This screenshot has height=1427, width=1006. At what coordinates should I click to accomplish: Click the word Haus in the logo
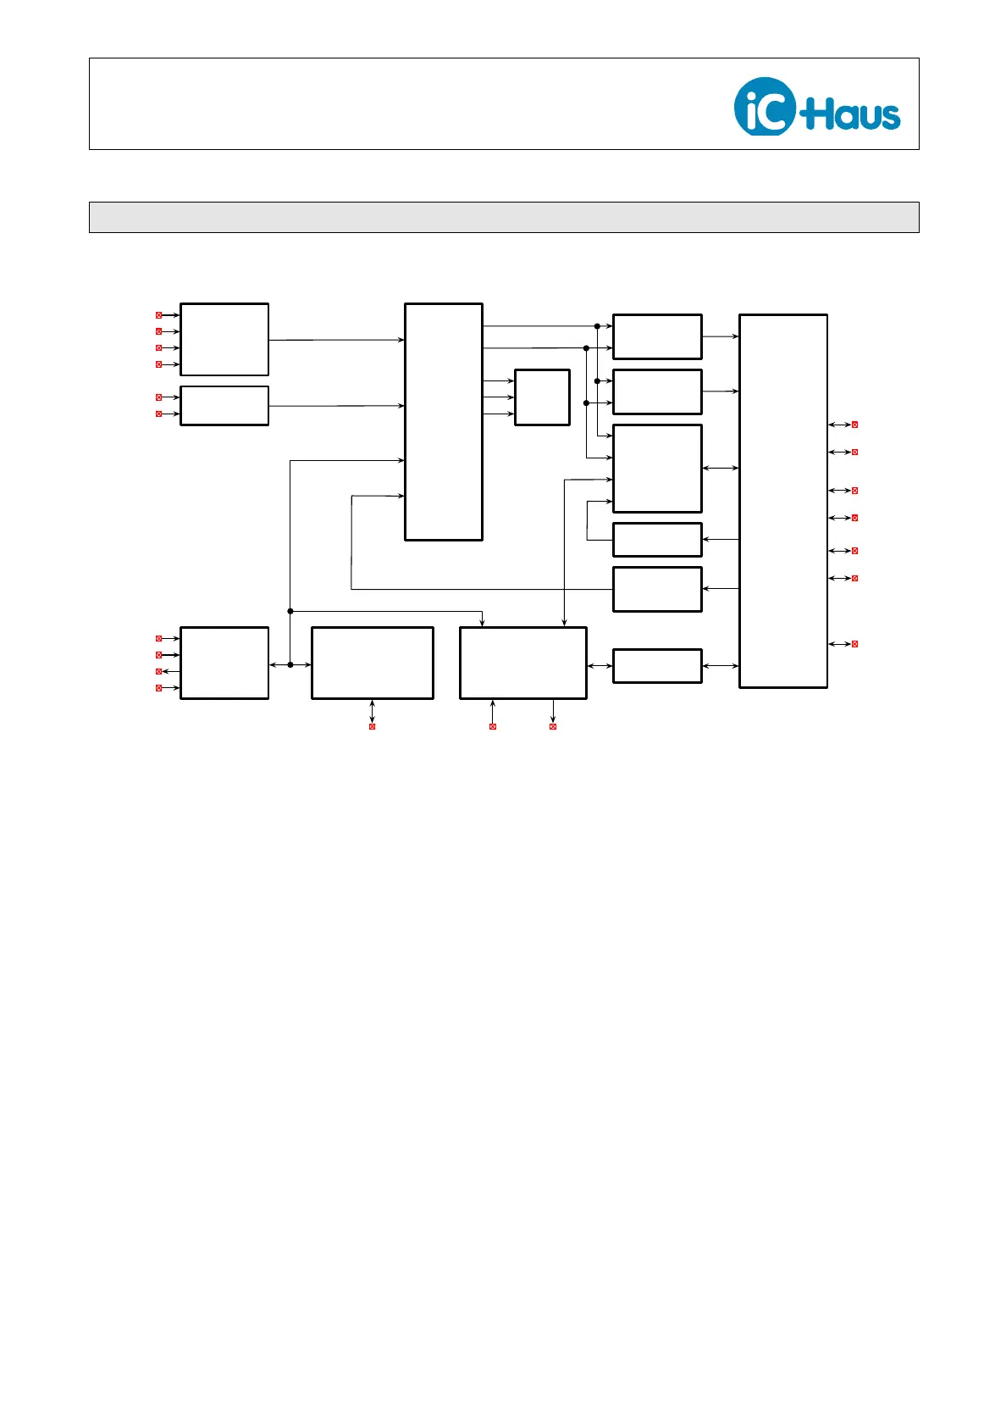854,114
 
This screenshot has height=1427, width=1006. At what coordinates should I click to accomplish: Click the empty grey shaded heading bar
504,217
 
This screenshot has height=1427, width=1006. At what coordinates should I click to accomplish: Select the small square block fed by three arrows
542,397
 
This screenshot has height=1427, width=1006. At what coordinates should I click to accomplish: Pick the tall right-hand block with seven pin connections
782,501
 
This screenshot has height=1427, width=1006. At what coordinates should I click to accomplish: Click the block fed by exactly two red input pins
224,405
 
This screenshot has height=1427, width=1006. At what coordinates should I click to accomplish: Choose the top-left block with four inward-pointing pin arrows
224,339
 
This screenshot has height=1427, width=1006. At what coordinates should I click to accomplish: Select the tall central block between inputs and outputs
444,421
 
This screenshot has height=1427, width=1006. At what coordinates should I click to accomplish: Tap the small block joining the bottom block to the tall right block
657,665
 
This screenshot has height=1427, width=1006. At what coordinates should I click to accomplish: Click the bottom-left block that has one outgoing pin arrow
224,663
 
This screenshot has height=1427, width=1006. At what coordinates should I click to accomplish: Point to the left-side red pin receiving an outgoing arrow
158,671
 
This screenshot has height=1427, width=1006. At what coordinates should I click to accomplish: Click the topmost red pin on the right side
854,425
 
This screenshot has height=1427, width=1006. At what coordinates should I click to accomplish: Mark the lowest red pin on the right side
854,644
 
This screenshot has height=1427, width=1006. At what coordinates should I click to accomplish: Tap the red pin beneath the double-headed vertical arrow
372,726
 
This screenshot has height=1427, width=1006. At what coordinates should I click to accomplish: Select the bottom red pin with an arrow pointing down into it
553,726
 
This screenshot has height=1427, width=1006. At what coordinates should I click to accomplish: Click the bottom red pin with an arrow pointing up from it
493,726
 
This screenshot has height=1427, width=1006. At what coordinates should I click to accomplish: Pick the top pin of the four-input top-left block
158,315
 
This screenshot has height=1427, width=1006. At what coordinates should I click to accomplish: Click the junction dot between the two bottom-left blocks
290,664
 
